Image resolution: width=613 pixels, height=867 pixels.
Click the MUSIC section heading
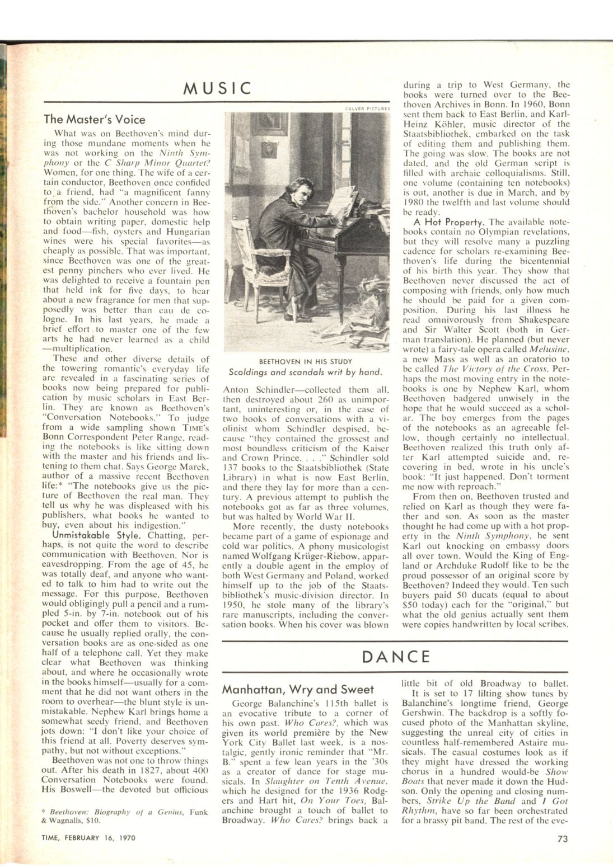tap(218, 88)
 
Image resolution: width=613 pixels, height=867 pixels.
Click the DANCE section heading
tap(396, 656)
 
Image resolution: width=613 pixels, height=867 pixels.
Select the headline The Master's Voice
tap(95, 119)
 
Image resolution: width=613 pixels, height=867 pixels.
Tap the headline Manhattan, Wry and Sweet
tap(298, 689)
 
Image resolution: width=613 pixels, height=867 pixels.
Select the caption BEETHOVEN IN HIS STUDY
tap(306, 361)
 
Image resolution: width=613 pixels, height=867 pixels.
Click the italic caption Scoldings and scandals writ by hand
tap(306, 372)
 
